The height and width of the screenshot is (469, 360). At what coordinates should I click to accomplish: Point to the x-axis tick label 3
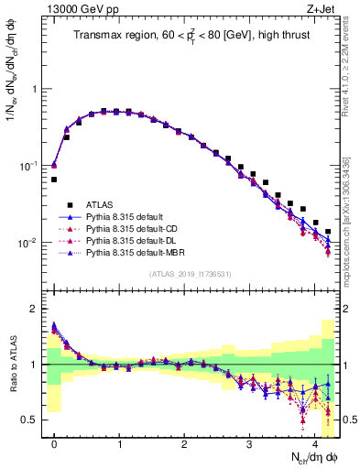coord(249,441)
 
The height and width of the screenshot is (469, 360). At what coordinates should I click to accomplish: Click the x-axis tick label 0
coord(54,441)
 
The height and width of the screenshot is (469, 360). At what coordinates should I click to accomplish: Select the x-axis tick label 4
coord(314,441)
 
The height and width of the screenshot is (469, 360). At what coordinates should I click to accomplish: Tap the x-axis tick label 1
coord(119,441)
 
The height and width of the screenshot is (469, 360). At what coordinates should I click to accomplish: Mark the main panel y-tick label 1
coord(36,89)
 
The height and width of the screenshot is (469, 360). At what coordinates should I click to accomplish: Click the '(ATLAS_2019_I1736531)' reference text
coord(190,274)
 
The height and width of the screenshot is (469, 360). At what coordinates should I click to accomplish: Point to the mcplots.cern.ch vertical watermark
coord(351,220)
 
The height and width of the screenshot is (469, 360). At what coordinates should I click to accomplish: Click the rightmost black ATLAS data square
coord(328,232)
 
